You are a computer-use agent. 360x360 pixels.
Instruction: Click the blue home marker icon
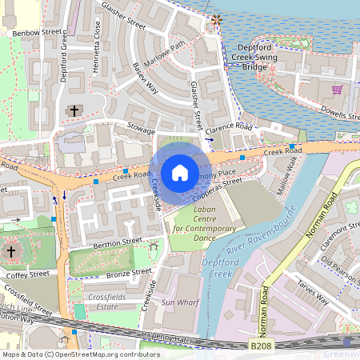click(x=180, y=173)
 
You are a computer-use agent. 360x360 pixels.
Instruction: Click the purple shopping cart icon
click(x=337, y=90)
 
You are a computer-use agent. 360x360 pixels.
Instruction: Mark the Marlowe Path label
click(x=166, y=56)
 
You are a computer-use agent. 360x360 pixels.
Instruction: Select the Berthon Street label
click(x=118, y=240)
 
